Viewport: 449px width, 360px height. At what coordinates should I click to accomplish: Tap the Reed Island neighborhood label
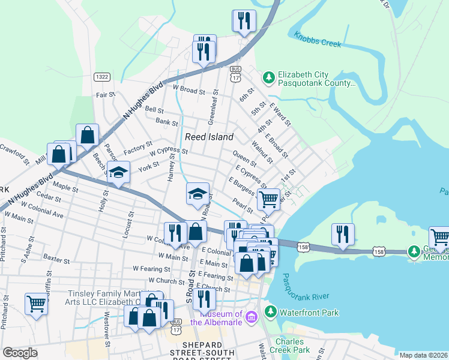tap(209, 137)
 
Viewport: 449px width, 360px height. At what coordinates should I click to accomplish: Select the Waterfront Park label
tap(310, 313)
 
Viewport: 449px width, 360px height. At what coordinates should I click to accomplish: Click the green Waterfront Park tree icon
tap(271, 312)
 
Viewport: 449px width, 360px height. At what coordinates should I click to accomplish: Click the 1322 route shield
tap(101, 77)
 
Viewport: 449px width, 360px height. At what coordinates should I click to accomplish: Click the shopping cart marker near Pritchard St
tap(37, 304)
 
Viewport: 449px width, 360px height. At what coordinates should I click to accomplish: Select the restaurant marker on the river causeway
tap(343, 234)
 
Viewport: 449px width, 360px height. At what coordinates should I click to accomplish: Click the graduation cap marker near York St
tap(119, 172)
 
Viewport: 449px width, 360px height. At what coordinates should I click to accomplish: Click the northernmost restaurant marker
tap(244, 20)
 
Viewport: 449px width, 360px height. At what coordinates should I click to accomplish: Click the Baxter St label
tap(57, 260)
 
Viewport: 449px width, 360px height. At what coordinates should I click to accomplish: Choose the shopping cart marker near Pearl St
tap(268, 199)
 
